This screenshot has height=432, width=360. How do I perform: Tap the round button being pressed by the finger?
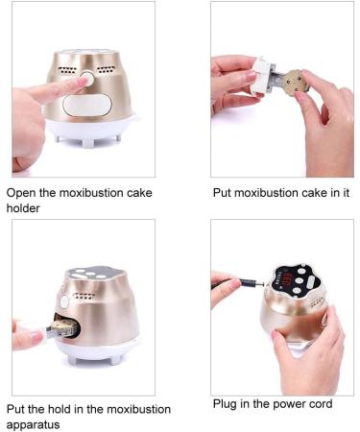tap(93, 81)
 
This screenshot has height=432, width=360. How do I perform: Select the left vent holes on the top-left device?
tap(65, 73)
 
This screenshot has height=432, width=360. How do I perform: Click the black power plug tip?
tap(252, 283)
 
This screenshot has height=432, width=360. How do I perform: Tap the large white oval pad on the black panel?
tap(309, 283)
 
